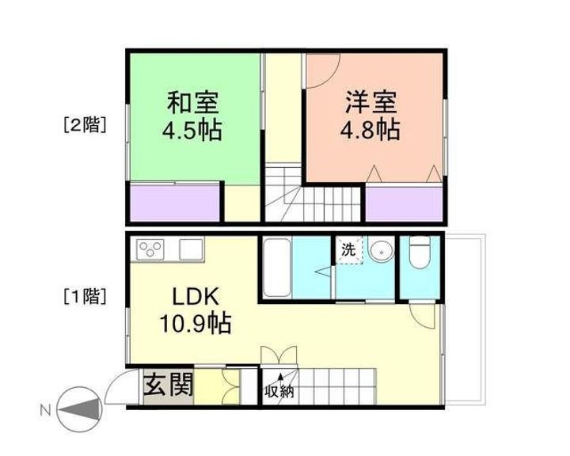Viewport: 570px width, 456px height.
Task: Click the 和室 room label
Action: click(192, 104)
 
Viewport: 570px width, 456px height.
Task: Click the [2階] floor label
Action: click(85, 124)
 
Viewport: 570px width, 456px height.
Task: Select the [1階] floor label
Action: click(85, 297)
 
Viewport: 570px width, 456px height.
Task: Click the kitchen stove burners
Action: click(150, 249)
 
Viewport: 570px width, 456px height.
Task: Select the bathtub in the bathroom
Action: click(276, 267)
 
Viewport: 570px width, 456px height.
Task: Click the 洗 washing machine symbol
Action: click(348, 249)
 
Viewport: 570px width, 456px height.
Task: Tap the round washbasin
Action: click(381, 250)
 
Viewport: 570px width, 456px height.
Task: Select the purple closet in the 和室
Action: click(174, 203)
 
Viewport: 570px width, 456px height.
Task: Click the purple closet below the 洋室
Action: click(403, 203)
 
